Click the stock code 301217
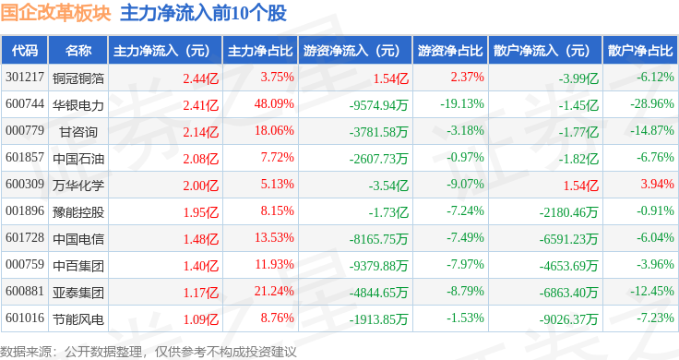25,78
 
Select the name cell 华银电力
78,105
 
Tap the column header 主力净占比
260,51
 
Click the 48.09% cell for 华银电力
274,104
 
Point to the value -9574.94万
379,105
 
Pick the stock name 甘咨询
78,132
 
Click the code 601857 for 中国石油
25,157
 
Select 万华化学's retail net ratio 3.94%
658,184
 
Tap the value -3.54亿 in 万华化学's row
388,186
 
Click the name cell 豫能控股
78,211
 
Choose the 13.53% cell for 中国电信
274,238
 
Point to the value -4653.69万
568,266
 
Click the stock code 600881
25,291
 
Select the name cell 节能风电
78,319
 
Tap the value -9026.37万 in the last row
568,319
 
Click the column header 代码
25,51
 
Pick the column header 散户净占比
640,51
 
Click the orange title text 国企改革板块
55,13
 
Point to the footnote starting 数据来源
149,352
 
